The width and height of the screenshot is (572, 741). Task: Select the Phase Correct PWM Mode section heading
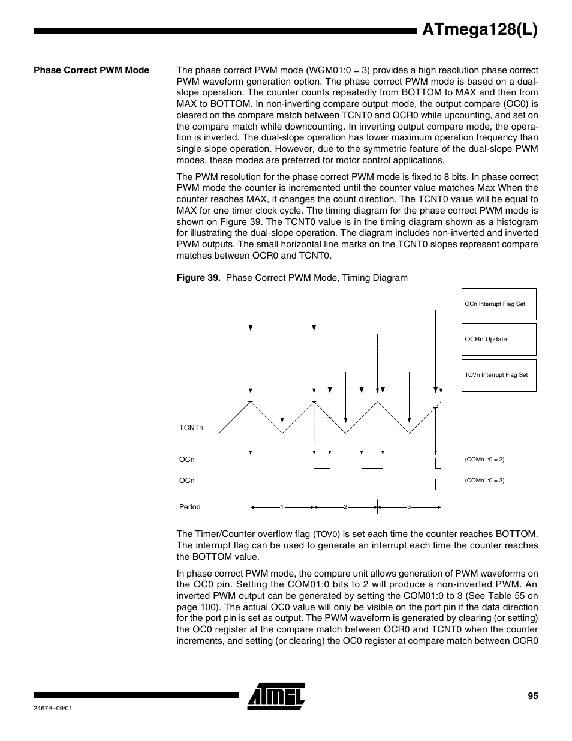coord(91,70)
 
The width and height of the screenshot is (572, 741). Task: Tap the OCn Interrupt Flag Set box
coord(499,304)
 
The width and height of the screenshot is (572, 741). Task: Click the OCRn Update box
coord(499,340)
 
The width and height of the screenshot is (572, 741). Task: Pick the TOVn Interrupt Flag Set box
coord(499,375)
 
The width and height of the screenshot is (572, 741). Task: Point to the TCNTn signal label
coord(191,428)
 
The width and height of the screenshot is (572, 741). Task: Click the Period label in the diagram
coord(190,507)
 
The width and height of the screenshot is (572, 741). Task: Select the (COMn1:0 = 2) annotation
coord(484,460)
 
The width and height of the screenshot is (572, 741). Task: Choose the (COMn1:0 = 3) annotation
coord(484,481)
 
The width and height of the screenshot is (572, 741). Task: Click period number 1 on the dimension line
coord(282,508)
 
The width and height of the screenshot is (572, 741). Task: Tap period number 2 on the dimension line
coord(345,508)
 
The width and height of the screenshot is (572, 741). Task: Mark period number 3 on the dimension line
coord(409,508)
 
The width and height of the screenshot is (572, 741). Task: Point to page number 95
coord(532,696)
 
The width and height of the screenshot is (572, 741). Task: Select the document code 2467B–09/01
coord(53,708)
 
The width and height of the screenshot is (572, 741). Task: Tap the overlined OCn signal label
coord(187,481)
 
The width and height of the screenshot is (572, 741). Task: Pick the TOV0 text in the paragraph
coord(327,535)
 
